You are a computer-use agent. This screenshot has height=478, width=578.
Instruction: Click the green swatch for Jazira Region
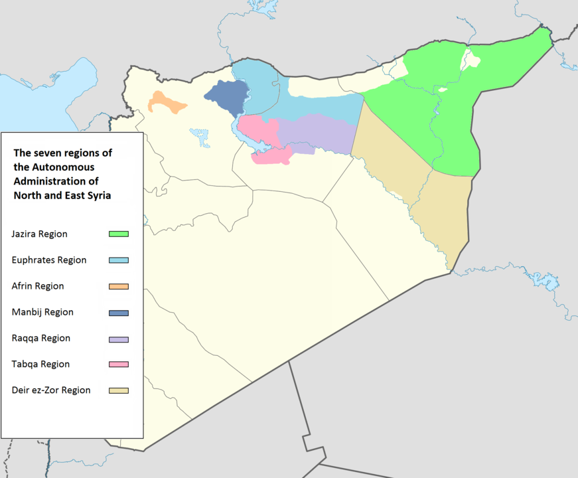click(x=119, y=234)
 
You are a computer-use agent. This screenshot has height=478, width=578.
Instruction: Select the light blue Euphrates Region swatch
click(x=119, y=260)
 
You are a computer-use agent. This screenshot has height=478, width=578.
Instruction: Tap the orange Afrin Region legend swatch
click(x=119, y=287)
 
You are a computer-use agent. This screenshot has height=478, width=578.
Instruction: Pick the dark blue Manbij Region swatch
click(x=119, y=313)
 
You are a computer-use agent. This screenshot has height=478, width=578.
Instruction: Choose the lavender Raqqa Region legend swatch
click(x=119, y=339)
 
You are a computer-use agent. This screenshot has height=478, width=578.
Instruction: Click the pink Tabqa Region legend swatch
click(x=119, y=364)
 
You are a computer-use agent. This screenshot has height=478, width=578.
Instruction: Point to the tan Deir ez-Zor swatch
click(x=119, y=390)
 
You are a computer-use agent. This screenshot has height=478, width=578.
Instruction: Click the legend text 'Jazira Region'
click(x=39, y=234)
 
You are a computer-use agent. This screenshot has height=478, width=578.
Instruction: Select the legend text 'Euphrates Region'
click(x=49, y=260)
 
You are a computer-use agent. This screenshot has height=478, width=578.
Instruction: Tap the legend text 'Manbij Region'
click(x=42, y=312)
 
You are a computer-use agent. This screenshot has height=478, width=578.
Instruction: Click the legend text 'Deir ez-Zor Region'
click(x=51, y=390)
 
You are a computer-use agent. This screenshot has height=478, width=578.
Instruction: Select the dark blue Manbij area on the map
click(x=226, y=94)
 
